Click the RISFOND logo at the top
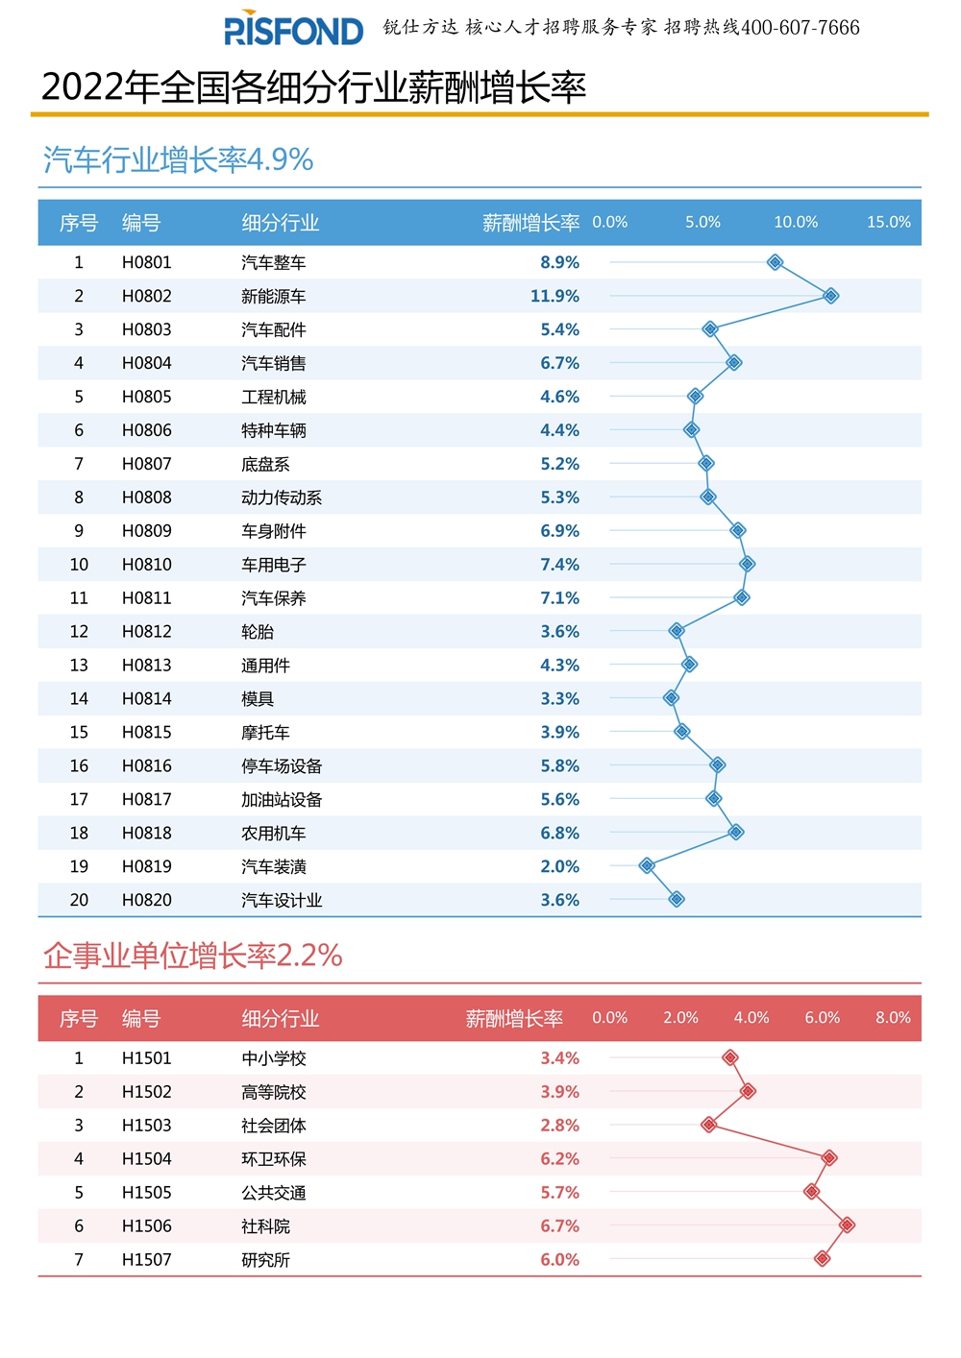pyautogui.click(x=293, y=30)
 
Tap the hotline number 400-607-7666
pyautogui.click(x=801, y=28)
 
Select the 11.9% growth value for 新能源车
pyautogui.click(x=554, y=296)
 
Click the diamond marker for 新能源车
pyautogui.click(x=831, y=296)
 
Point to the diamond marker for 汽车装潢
pyautogui.click(x=647, y=865)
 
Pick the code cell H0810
pyautogui.click(x=146, y=565)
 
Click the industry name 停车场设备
pyautogui.click(x=282, y=766)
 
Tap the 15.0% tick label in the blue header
pyautogui.click(x=888, y=222)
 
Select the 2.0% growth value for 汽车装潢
pyautogui.click(x=559, y=866)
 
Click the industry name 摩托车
pyautogui.click(x=265, y=733)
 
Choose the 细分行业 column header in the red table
pyautogui.click(x=280, y=1019)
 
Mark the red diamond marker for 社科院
pyautogui.click(x=847, y=1225)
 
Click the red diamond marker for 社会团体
pyautogui.click(x=709, y=1125)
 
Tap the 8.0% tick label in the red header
pyautogui.click(x=893, y=1018)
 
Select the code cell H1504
pyautogui.click(x=146, y=1159)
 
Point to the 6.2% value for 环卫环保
pyautogui.click(x=559, y=1159)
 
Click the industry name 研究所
pyautogui.click(x=265, y=1260)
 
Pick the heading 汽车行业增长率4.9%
pyautogui.click(x=179, y=159)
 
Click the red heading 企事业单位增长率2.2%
pyautogui.click(x=193, y=956)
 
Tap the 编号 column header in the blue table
pyautogui.click(x=141, y=223)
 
